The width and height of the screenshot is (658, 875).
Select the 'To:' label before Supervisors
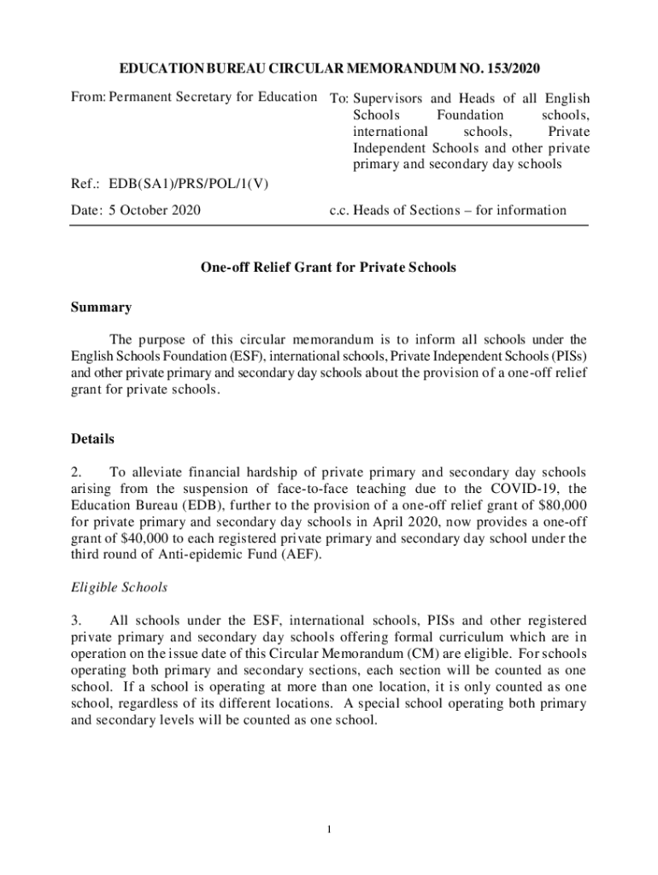coord(340,98)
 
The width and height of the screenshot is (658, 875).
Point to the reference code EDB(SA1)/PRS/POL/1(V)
coord(189,183)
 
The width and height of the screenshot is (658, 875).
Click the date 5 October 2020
coord(155,210)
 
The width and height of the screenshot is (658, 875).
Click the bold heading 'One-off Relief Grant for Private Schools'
coord(328,267)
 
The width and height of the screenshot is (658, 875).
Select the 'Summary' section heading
coord(101,307)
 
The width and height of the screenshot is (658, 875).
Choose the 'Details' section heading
coord(92,439)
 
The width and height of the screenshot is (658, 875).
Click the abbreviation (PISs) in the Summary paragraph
coord(566,355)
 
